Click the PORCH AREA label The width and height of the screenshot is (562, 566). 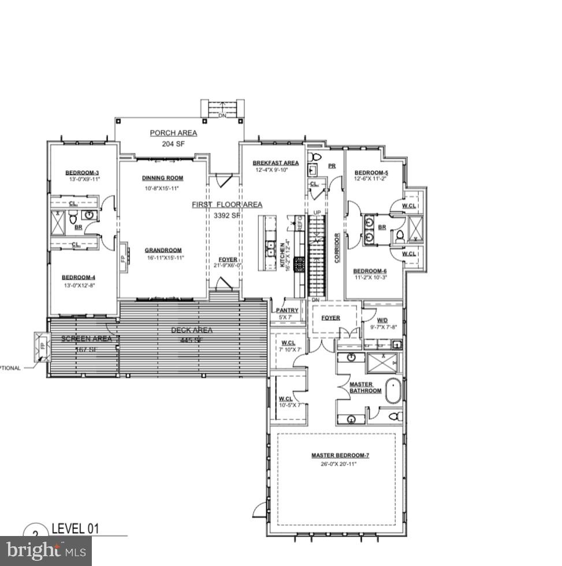pyautogui.click(x=173, y=133)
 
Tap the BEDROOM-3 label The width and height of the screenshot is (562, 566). pyautogui.click(x=82, y=173)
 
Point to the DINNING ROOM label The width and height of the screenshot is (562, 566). pyautogui.click(x=162, y=178)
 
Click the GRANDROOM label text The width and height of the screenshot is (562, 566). pyautogui.click(x=163, y=250)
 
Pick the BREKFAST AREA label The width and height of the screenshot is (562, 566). pyautogui.click(x=276, y=163)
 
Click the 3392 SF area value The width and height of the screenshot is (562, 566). pyautogui.click(x=226, y=215)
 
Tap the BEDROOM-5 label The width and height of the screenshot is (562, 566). pyautogui.click(x=371, y=173)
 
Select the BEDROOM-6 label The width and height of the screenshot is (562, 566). pyautogui.click(x=370, y=271)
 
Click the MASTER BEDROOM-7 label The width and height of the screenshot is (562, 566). pyautogui.click(x=340, y=455)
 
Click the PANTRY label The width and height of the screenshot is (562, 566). pyautogui.click(x=286, y=310)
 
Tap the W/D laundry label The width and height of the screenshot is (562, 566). pyautogui.click(x=382, y=320)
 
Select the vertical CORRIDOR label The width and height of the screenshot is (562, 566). pyautogui.click(x=337, y=248)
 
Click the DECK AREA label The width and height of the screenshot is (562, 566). pyautogui.click(x=192, y=330)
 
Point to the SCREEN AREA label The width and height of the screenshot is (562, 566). pyautogui.click(x=86, y=339)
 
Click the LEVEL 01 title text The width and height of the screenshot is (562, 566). pyautogui.click(x=76, y=528)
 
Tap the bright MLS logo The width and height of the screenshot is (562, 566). pyautogui.click(x=46, y=550)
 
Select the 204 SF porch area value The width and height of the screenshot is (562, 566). pyautogui.click(x=173, y=144)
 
